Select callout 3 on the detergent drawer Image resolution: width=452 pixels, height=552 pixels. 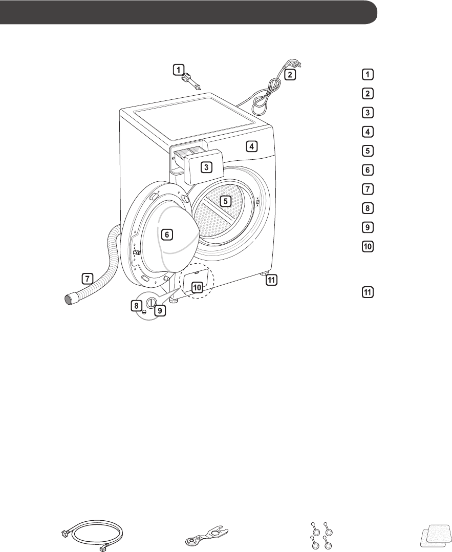coord(205,167)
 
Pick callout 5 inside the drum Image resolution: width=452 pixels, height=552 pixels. coord(225,201)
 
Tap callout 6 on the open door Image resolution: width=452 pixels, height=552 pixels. coord(166,235)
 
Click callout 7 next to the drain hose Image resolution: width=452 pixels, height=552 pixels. coord(88,279)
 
